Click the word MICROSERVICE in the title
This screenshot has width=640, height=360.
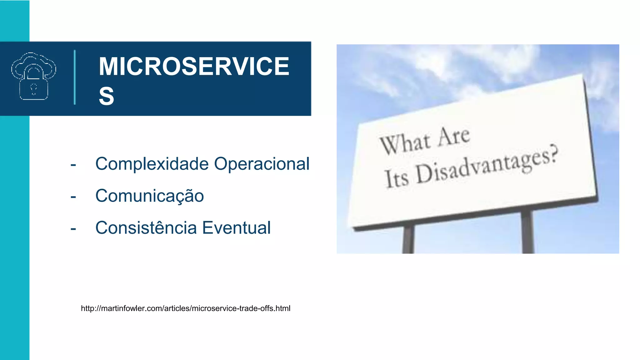194,67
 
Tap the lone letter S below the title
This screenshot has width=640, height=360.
107,96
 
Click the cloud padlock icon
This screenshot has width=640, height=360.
34,76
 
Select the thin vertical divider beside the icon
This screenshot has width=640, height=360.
75,77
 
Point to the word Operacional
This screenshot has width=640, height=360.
262,164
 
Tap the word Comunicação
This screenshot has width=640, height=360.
149,196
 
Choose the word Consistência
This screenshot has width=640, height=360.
146,227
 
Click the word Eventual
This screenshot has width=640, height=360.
236,227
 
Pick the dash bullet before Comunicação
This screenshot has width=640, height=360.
73,197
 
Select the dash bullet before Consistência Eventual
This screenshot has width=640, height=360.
73,229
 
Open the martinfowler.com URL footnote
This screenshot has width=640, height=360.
186,308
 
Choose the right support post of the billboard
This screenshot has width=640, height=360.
527,231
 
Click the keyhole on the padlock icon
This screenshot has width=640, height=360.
34,88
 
